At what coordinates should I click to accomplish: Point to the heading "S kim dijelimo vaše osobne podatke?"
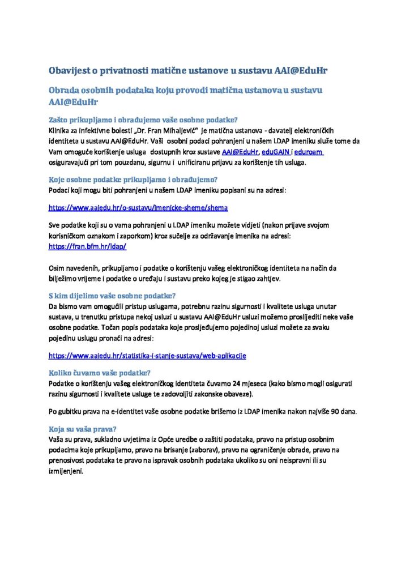tap(112, 296)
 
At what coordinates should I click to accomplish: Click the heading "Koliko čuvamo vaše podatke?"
tap(99, 373)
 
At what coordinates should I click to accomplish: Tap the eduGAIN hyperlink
tap(276, 152)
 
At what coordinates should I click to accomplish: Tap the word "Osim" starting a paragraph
tap(57, 267)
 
